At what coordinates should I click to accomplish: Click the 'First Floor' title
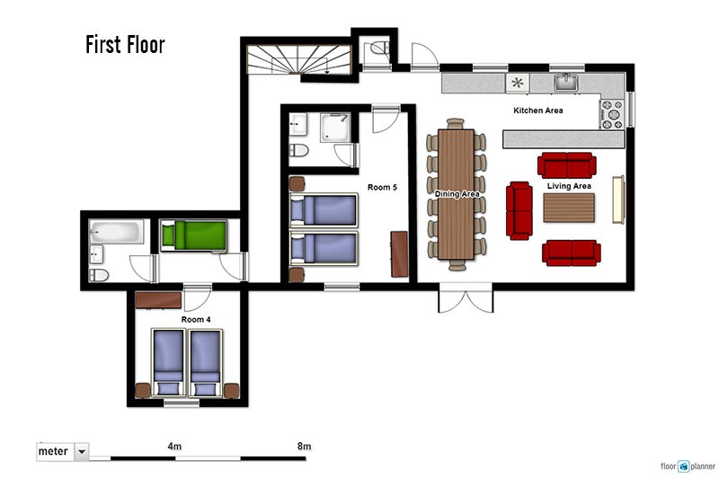125,45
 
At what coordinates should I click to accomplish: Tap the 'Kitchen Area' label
537,111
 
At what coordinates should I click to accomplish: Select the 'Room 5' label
382,188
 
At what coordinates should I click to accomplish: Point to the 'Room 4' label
196,320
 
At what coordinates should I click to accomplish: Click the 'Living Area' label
569,186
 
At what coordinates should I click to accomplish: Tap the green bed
194,236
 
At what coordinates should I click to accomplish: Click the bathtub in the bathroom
116,232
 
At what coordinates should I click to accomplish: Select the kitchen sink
566,83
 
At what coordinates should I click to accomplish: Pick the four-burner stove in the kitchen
611,114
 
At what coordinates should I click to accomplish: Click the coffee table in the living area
569,208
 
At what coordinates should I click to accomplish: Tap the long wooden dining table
456,194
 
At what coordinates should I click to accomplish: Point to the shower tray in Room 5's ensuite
335,127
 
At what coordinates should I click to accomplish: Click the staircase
299,59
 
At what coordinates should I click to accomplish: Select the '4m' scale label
174,446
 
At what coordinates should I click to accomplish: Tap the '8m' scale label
304,446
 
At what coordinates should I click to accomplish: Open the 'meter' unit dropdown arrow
82,451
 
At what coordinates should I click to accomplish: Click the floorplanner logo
688,466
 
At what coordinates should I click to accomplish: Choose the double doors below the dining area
466,298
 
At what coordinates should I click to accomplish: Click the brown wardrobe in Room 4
159,300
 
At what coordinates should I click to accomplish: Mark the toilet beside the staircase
378,48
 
